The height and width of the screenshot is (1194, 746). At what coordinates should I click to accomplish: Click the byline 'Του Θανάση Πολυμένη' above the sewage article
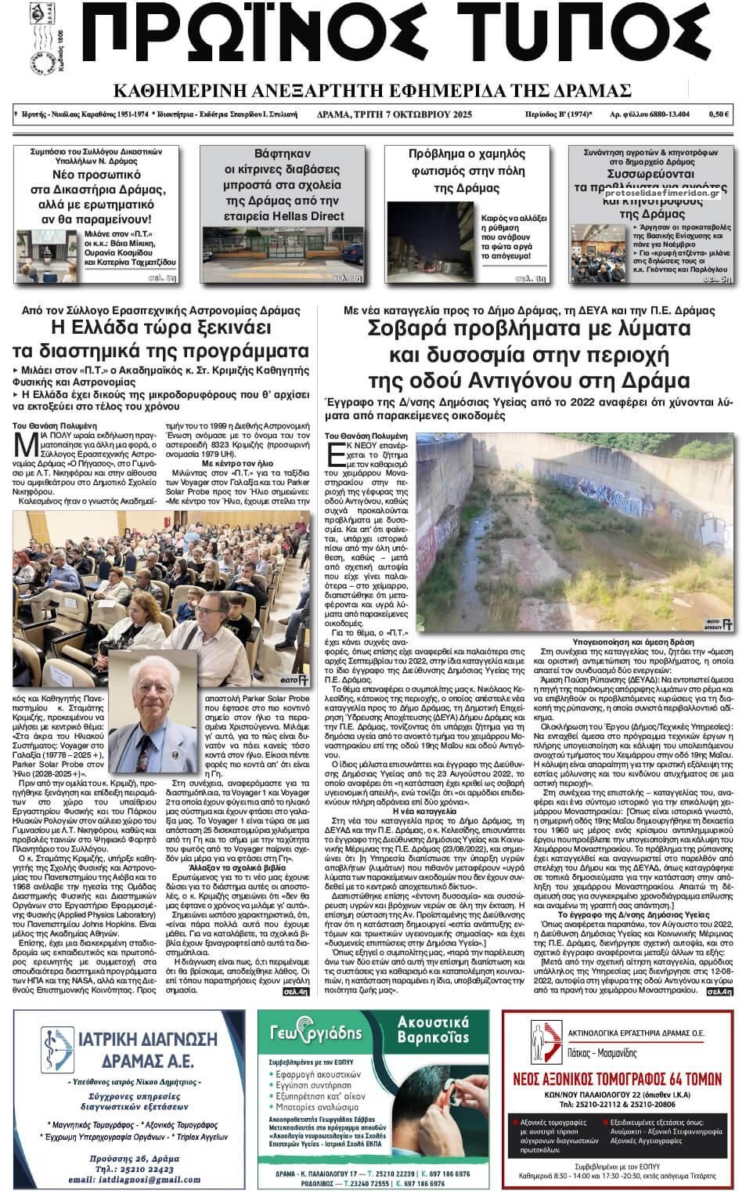pyautogui.click(x=364, y=435)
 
